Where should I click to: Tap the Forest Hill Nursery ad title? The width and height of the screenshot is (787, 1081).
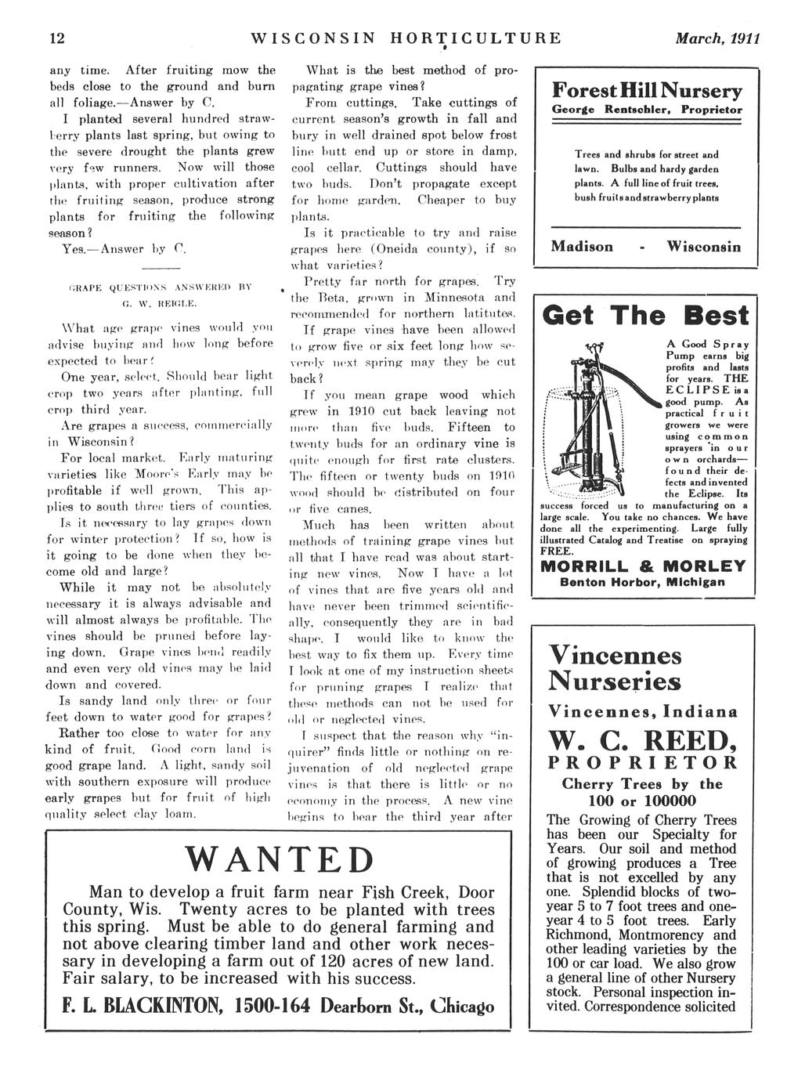coord(647,91)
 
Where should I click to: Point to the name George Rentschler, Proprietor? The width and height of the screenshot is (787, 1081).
coord(647,111)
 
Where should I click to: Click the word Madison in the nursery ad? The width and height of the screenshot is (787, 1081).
coord(582,247)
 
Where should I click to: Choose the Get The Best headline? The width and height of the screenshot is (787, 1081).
coord(646,316)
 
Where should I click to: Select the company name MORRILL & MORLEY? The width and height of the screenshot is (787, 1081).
coord(643,566)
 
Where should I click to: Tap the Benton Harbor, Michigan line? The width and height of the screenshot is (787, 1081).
coord(643,582)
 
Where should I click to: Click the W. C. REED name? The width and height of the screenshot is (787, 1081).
coord(642,739)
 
